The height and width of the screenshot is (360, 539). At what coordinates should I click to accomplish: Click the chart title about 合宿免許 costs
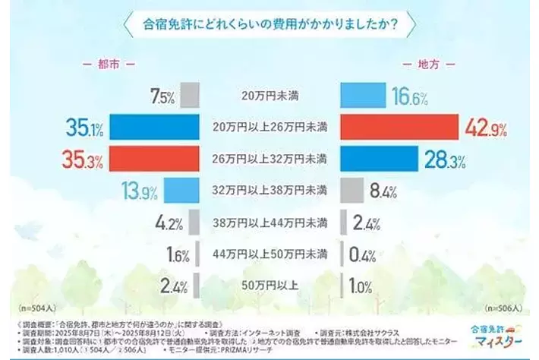point(269,22)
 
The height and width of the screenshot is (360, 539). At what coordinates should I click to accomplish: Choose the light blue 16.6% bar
point(363,96)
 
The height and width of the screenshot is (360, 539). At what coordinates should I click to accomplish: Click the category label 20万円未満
point(269,96)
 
